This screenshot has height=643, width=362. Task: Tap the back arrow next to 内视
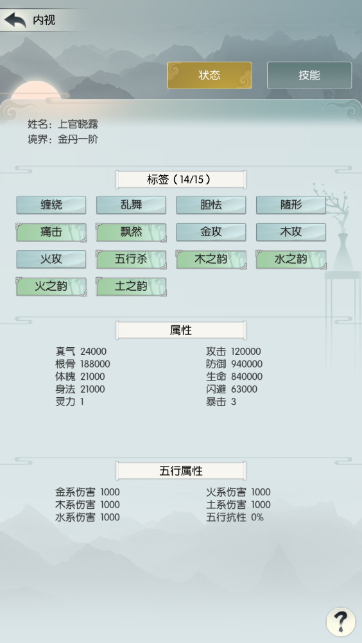point(15,20)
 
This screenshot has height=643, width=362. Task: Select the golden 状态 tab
point(209,75)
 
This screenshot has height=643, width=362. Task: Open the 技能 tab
point(309,75)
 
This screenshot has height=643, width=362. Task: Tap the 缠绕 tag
point(51,205)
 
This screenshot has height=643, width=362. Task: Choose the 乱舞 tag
point(131,205)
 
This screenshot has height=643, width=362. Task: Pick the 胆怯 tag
point(211,205)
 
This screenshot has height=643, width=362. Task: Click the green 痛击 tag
point(51,232)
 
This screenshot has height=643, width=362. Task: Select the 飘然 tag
point(131,232)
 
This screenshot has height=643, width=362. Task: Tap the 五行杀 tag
point(131,260)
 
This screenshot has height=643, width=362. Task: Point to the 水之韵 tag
point(291,260)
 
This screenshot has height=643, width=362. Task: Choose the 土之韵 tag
point(131,287)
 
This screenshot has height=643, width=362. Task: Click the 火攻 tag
point(51,260)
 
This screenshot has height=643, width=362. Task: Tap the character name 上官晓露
point(78,124)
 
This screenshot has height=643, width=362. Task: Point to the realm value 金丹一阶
point(78,139)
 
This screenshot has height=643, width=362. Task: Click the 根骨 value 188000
point(95,364)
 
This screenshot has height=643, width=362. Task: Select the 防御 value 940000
point(247,364)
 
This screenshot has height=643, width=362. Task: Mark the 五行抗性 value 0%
point(257,517)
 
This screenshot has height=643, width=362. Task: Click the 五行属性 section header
point(181,471)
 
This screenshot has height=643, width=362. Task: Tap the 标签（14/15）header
point(181,180)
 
